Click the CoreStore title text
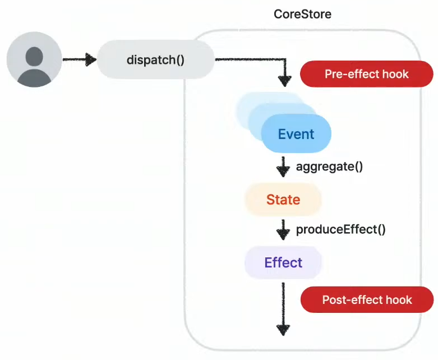point(302,14)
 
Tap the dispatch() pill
point(155,59)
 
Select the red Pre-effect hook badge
point(366,74)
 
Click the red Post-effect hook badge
point(367,299)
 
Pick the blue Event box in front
point(296,134)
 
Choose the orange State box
point(283,200)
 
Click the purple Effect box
point(283,262)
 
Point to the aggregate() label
point(329,167)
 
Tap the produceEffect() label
point(341,229)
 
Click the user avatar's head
point(34,57)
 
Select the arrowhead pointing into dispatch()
point(90,59)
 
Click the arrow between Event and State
point(283,167)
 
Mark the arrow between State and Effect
point(283,230)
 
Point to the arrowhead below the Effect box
point(283,330)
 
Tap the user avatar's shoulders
point(34,78)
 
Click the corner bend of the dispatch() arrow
point(285,59)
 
